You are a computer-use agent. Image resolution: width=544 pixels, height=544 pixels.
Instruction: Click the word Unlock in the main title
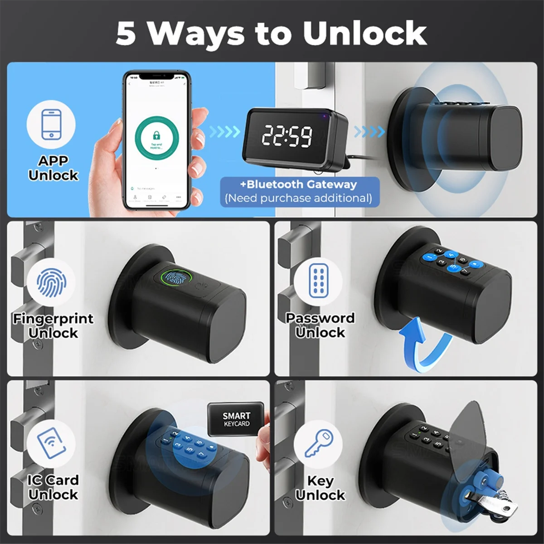364,33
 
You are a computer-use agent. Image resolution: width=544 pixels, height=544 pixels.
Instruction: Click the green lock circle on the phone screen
156,136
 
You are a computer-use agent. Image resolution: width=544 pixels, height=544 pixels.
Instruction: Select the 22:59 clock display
287,136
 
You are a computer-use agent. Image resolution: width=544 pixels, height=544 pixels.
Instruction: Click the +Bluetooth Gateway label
299,185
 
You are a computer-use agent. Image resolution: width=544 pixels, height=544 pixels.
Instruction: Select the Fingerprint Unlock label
53,325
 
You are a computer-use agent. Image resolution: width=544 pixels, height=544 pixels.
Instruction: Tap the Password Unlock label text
320,325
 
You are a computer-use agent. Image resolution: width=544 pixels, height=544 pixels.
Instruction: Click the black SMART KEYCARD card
236,419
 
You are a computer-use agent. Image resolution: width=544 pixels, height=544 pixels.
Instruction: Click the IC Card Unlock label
53,487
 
